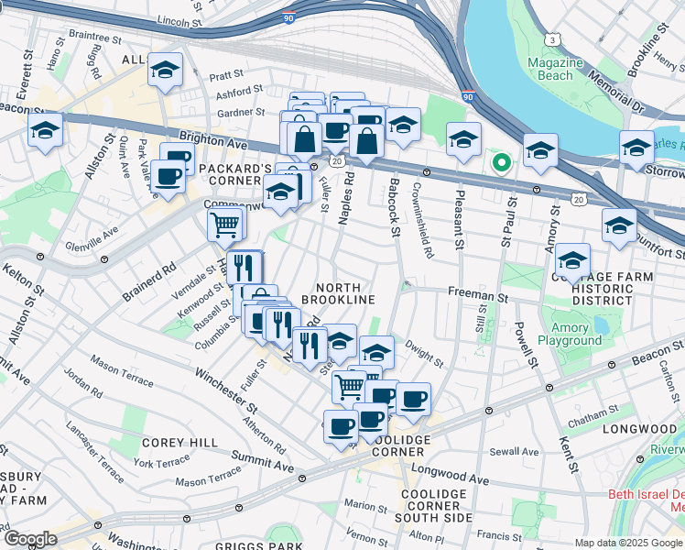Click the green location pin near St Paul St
point(501,163)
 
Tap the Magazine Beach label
point(556,69)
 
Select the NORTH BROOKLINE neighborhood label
point(338,293)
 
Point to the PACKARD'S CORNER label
point(235,175)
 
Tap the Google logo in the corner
point(30,538)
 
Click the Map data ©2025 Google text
point(629,543)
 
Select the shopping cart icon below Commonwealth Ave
point(224,223)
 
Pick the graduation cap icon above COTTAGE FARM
point(572,259)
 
